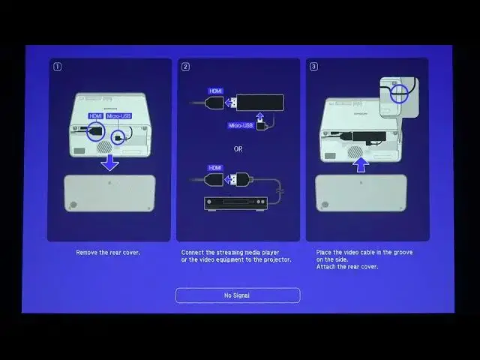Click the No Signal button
pyautogui.click(x=238, y=295)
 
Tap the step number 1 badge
pyautogui.click(x=56, y=66)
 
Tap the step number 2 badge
pyautogui.click(x=185, y=66)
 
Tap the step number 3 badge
pyautogui.click(x=313, y=66)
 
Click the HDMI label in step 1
pyautogui.click(x=95, y=116)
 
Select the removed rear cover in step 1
pyautogui.click(x=109, y=193)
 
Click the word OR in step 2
pyautogui.click(x=238, y=148)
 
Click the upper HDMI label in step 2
pyautogui.click(x=215, y=90)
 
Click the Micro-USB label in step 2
pyautogui.click(x=240, y=125)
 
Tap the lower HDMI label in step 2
pyautogui.click(x=215, y=167)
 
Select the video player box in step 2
pyautogui.click(x=235, y=202)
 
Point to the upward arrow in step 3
pyautogui.click(x=361, y=163)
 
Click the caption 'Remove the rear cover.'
pyautogui.click(x=108, y=253)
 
